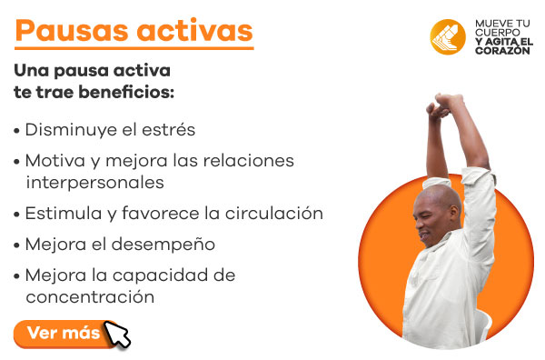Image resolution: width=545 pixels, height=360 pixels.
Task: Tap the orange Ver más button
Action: (63, 333)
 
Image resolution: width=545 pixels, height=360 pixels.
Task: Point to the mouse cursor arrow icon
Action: (118, 335)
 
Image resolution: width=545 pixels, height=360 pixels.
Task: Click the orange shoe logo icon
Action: (448, 35)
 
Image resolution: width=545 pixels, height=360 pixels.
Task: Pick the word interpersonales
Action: (94, 182)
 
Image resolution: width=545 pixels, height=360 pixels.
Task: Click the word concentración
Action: (90, 296)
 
